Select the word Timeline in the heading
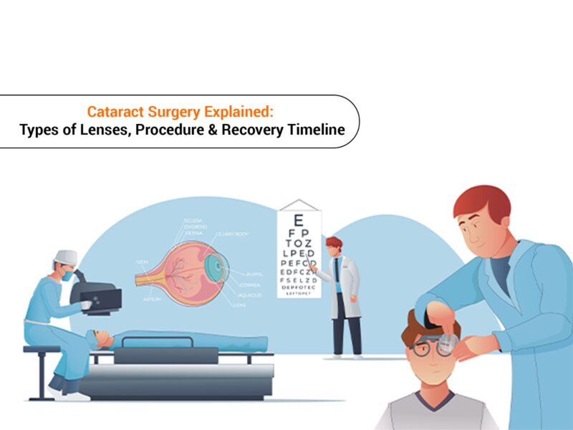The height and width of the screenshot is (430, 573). [315, 130]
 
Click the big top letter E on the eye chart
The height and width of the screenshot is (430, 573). [299, 221]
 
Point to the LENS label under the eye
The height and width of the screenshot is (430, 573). [240, 304]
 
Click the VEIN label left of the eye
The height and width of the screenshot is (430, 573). [142, 262]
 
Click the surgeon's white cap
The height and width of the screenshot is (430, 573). [65, 257]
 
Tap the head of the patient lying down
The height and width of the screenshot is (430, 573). [105, 338]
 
